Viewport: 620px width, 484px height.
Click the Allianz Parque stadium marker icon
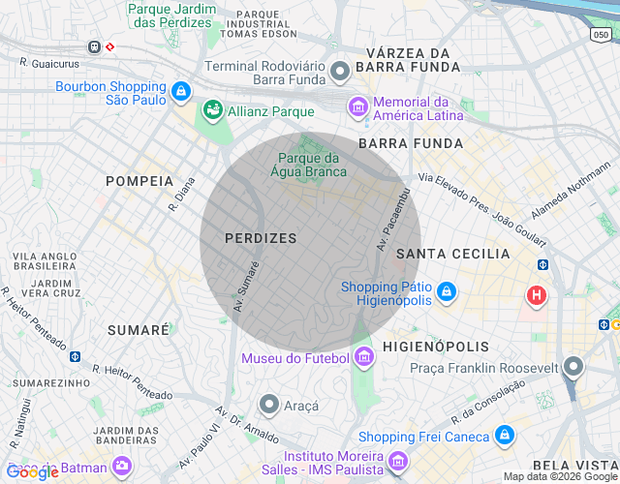[x=212, y=111]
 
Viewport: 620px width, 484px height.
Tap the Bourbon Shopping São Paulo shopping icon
[x=180, y=92]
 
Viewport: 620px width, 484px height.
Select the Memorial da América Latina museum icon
[x=358, y=105]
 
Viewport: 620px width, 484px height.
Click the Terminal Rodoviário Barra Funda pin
[x=340, y=71]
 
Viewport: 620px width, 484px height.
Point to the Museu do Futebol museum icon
[x=363, y=358]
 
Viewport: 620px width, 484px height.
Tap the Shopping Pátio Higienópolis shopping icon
[x=446, y=290]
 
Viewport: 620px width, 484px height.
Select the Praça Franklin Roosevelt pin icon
[x=574, y=367]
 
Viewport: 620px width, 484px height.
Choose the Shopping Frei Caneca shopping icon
[x=503, y=437]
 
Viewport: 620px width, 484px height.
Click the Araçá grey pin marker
[x=270, y=405]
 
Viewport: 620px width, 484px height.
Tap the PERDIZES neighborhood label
[x=261, y=237]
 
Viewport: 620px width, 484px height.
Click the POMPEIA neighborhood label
[x=139, y=181]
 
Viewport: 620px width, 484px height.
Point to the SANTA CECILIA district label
[x=453, y=254]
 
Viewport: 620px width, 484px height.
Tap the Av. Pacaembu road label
[x=395, y=220]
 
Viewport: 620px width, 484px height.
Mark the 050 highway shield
[x=602, y=35]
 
